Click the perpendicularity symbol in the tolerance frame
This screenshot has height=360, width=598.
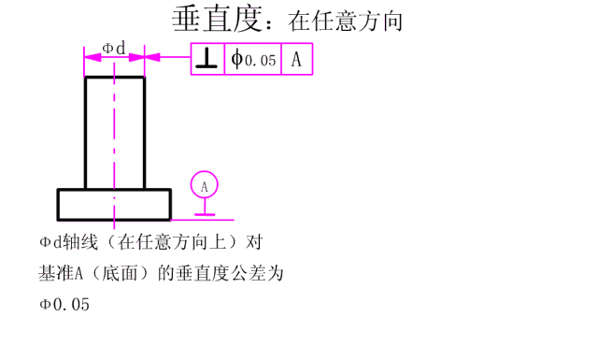(207, 60)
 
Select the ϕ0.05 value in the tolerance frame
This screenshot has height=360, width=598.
(253, 60)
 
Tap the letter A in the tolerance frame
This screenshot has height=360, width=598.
(296, 60)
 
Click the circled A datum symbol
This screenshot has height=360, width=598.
(204, 186)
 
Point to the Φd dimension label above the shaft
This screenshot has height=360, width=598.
(113, 46)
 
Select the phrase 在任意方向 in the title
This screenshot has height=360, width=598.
(346, 20)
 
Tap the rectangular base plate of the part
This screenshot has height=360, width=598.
(114, 204)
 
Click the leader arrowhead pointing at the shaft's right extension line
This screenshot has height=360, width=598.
(152, 57)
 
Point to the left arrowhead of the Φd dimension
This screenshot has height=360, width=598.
(90, 57)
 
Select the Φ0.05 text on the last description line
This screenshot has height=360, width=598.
(64, 304)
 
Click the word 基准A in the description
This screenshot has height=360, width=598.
(62, 274)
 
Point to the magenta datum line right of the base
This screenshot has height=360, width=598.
(224, 221)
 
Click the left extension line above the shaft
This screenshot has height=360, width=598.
(84, 62)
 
